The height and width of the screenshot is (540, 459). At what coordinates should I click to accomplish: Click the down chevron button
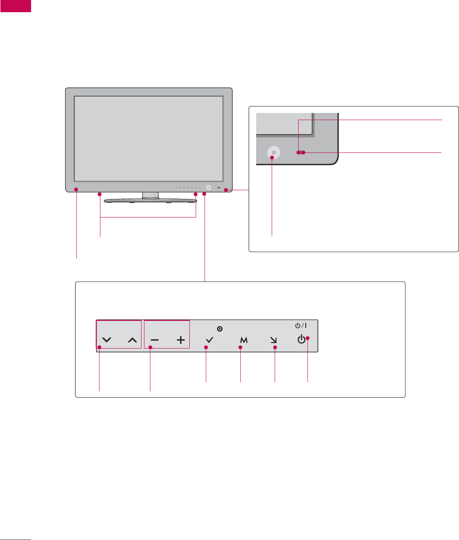coord(107,341)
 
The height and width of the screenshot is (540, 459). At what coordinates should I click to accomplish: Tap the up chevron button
coord(132,341)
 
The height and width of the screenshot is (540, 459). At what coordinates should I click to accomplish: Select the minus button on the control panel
coord(155,341)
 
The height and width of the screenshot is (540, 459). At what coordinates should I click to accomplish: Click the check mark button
coord(210,341)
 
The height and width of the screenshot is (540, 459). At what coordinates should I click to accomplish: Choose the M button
coord(244,341)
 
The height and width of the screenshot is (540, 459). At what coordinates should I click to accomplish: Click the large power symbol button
coord(301,340)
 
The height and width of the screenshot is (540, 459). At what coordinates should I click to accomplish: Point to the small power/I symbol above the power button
coord(301,325)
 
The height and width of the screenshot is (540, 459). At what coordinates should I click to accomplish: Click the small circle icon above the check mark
coord(220,329)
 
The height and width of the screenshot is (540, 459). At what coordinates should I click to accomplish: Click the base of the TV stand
coord(150,201)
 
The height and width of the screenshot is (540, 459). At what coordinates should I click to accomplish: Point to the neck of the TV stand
coord(150,195)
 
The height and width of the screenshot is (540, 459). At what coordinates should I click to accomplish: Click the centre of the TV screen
coord(148,139)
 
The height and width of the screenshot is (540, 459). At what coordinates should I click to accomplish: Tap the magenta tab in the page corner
coord(16,6)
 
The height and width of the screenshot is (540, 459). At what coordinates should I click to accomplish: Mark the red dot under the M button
coord(241,347)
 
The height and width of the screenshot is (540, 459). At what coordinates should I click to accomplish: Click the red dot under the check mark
coord(206,347)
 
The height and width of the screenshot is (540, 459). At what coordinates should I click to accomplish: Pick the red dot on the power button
coord(307,338)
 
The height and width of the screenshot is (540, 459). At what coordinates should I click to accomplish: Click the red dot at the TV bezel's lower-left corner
coord(76,189)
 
